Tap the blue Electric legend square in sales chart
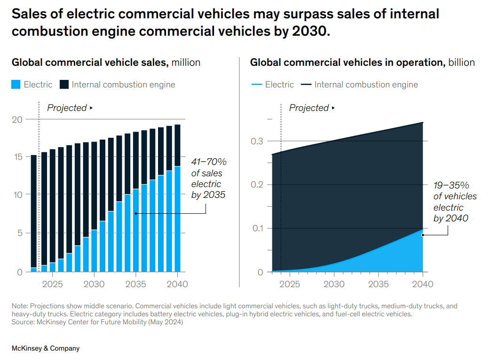point(16,85)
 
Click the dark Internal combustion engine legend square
point(64,85)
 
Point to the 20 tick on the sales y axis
point(17,119)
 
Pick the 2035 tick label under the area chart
point(378,284)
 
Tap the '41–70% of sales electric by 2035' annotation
point(209,178)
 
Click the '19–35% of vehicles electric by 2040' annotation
point(454,202)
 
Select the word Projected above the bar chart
point(67,108)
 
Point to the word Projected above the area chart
point(309,108)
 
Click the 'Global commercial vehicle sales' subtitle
point(89,63)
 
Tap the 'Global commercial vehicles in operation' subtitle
point(348,63)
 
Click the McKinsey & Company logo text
point(46,348)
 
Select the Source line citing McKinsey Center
point(97,322)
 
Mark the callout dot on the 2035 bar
point(135,213)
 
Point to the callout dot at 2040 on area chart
point(423,235)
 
